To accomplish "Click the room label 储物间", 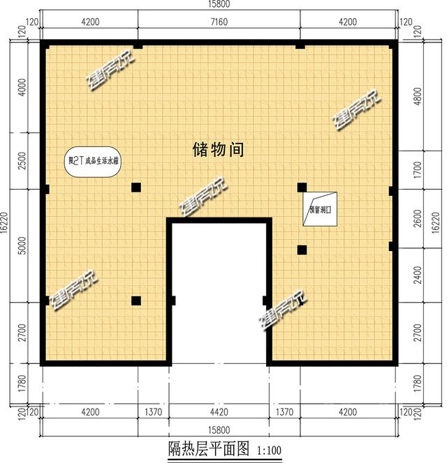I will pyautogui.click(x=217, y=149).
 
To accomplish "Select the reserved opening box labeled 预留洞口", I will pyautogui.click(x=319, y=208).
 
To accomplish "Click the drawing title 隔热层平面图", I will pyautogui.click(x=208, y=448).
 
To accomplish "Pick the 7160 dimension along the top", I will pyautogui.click(x=219, y=22).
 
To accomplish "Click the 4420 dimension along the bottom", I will pyautogui.click(x=219, y=412).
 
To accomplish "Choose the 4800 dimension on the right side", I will pyautogui.click(x=418, y=94).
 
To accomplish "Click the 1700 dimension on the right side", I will pyautogui.click(x=418, y=169).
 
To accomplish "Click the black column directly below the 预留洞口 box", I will pyautogui.click(x=302, y=249).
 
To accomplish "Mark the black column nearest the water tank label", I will pyautogui.click(x=136, y=187).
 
